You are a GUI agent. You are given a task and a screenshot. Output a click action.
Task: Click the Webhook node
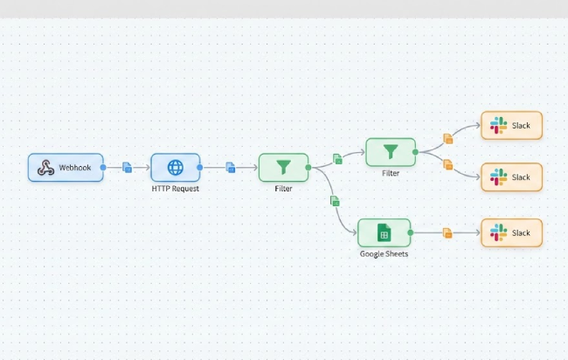click(x=66, y=167)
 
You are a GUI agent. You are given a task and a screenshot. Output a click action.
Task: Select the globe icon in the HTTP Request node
click(x=176, y=167)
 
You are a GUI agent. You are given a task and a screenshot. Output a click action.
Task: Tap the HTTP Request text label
click(x=175, y=189)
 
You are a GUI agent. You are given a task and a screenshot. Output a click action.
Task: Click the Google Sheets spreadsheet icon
click(x=383, y=232)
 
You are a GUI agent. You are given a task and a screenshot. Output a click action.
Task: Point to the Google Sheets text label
click(x=384, y=254)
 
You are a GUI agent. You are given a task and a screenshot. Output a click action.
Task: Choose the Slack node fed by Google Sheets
click(x=511, y=233)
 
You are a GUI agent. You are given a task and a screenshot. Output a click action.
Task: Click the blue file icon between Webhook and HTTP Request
click(x=128, y=167)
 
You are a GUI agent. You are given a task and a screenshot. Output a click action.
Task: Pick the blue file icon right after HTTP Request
click(x=231, y=167)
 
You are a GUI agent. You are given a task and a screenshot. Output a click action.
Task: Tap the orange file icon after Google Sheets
click(x=447, y=233)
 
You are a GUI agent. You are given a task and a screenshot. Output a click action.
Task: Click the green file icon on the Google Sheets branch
click(x=335, y=201)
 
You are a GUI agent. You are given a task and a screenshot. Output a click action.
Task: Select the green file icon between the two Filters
click(x=337, y=159)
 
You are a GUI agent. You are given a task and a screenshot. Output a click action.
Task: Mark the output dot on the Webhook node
click(x=103, y=167)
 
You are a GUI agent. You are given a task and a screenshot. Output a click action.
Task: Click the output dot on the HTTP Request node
click(x=200, y=167)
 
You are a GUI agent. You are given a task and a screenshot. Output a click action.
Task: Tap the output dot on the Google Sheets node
click(x=411, y=233)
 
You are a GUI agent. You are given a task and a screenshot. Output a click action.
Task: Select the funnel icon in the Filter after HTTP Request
click(x=283, y=166)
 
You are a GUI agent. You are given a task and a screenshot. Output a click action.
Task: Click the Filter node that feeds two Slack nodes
click(x=391, y=152)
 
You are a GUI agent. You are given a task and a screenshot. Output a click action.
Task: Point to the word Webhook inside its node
click(x=75, y=167)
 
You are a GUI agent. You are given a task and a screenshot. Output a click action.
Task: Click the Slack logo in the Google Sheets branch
click(x=498, y=233)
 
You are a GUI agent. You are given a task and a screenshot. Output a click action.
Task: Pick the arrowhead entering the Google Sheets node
click(x=354, y=232)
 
